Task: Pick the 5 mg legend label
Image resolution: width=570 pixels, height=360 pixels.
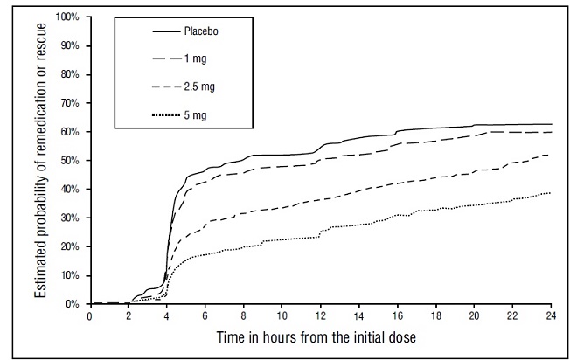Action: (191, 114)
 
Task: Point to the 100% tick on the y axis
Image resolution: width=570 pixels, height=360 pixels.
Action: (69, 17)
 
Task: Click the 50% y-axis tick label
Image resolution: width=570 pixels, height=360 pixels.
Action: (71, 161)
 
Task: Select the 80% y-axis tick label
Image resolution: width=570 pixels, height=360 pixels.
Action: (71, 74)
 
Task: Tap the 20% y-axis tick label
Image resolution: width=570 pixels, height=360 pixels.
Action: (71, 246)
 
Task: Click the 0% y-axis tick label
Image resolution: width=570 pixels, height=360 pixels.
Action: (73, 304)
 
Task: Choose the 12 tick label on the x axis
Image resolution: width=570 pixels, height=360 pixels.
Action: (321, 316)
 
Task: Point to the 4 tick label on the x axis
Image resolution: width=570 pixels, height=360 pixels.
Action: (167, 316)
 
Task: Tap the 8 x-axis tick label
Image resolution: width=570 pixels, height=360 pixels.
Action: (244, 316)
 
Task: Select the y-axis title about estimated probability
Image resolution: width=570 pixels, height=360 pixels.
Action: (41, 161)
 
